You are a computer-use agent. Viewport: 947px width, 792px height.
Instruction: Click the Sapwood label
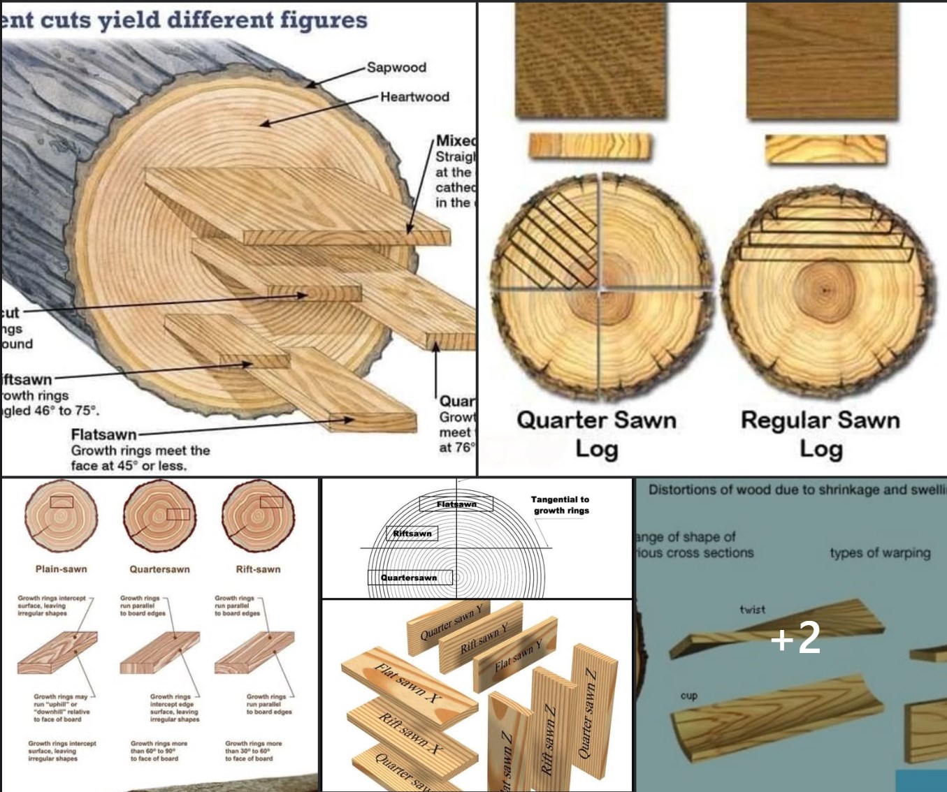coord(396,68)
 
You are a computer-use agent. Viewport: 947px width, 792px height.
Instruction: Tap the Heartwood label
coord(414,97)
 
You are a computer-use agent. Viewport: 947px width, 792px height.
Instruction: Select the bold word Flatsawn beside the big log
coord(103,434)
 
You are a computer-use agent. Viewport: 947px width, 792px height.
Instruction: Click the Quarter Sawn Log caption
coord(596,434)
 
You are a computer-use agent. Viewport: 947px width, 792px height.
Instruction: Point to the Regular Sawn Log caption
coord(820,434)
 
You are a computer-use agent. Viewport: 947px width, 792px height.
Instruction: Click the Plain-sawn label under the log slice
coord(62,569)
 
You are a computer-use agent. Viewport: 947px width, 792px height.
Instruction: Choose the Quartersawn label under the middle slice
coord(159,569)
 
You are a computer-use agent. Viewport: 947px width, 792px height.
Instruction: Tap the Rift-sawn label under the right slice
coord(258,569)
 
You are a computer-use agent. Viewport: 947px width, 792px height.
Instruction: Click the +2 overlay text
coord(796,637)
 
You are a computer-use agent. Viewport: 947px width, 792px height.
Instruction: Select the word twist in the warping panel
coord(752,610)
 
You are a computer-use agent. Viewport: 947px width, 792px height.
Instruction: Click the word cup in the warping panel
coord(688,696)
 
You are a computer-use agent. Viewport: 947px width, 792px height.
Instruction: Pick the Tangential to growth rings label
coord(560,505)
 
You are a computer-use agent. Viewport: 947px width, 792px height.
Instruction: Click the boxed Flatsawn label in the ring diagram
coord(456,504)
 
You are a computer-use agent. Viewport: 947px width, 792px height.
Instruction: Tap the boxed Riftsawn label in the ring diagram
coord(412,534)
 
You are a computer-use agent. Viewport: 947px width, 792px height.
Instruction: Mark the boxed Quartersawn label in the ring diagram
coord(409,578)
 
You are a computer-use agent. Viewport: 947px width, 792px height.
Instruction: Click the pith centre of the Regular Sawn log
coord(825,289)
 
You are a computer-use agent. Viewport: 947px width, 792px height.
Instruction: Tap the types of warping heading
coord(880,553)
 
